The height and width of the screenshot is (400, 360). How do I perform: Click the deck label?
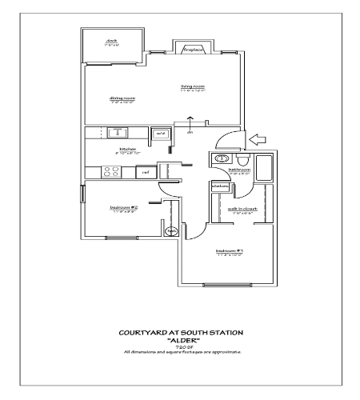click(112, 41)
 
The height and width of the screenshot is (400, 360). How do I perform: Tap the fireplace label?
click(194, 50)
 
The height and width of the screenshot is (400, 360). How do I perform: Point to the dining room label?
click(122, 98)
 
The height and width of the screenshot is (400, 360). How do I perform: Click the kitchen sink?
click(118, 133)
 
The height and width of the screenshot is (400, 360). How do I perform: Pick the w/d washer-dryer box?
click(161, 134)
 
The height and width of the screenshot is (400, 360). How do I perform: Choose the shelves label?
click(220, 186)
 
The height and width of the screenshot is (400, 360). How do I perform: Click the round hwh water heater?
click(171, 232)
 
